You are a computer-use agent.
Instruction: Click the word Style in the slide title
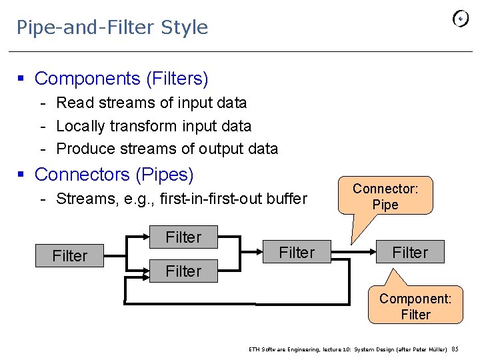click(185, 27)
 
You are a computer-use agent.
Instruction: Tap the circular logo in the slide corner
click(461, 19)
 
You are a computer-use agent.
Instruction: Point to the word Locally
click(81, 126)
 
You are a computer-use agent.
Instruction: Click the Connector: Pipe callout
click(385, 197)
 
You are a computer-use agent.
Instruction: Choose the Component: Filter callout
click(415, 306)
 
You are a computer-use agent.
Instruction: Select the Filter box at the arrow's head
click(410, 253)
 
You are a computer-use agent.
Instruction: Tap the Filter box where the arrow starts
click(297, 253)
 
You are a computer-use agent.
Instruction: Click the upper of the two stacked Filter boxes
click(183, 237)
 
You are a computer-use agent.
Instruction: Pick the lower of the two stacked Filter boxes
click(183, 271)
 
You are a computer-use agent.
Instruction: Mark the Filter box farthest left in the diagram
click(70, 256)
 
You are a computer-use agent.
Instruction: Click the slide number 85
click(455, 349)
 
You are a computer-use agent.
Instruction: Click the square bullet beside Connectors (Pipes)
click(21, 175)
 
